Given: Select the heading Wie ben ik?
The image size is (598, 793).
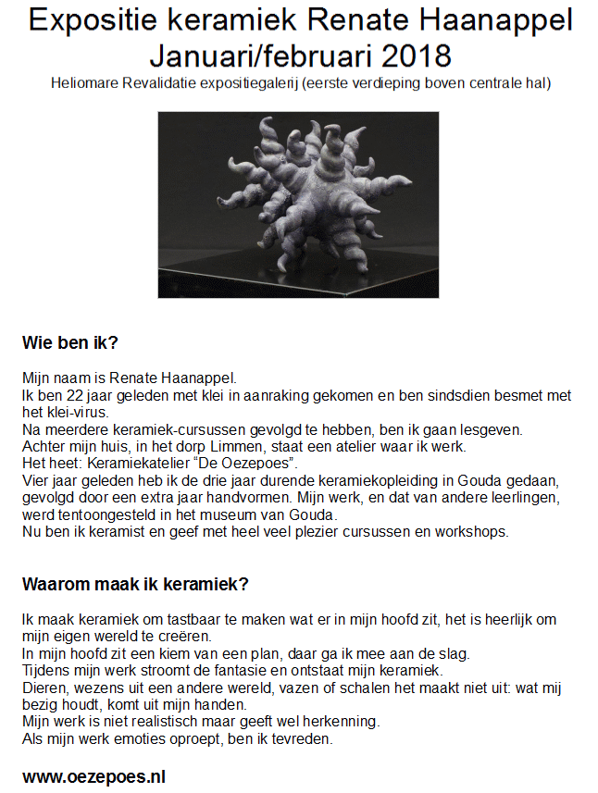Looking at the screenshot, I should [70, 343].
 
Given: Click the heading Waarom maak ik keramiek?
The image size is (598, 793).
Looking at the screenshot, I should [135, 585].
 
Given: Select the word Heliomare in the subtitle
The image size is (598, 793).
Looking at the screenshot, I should [87, 84].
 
